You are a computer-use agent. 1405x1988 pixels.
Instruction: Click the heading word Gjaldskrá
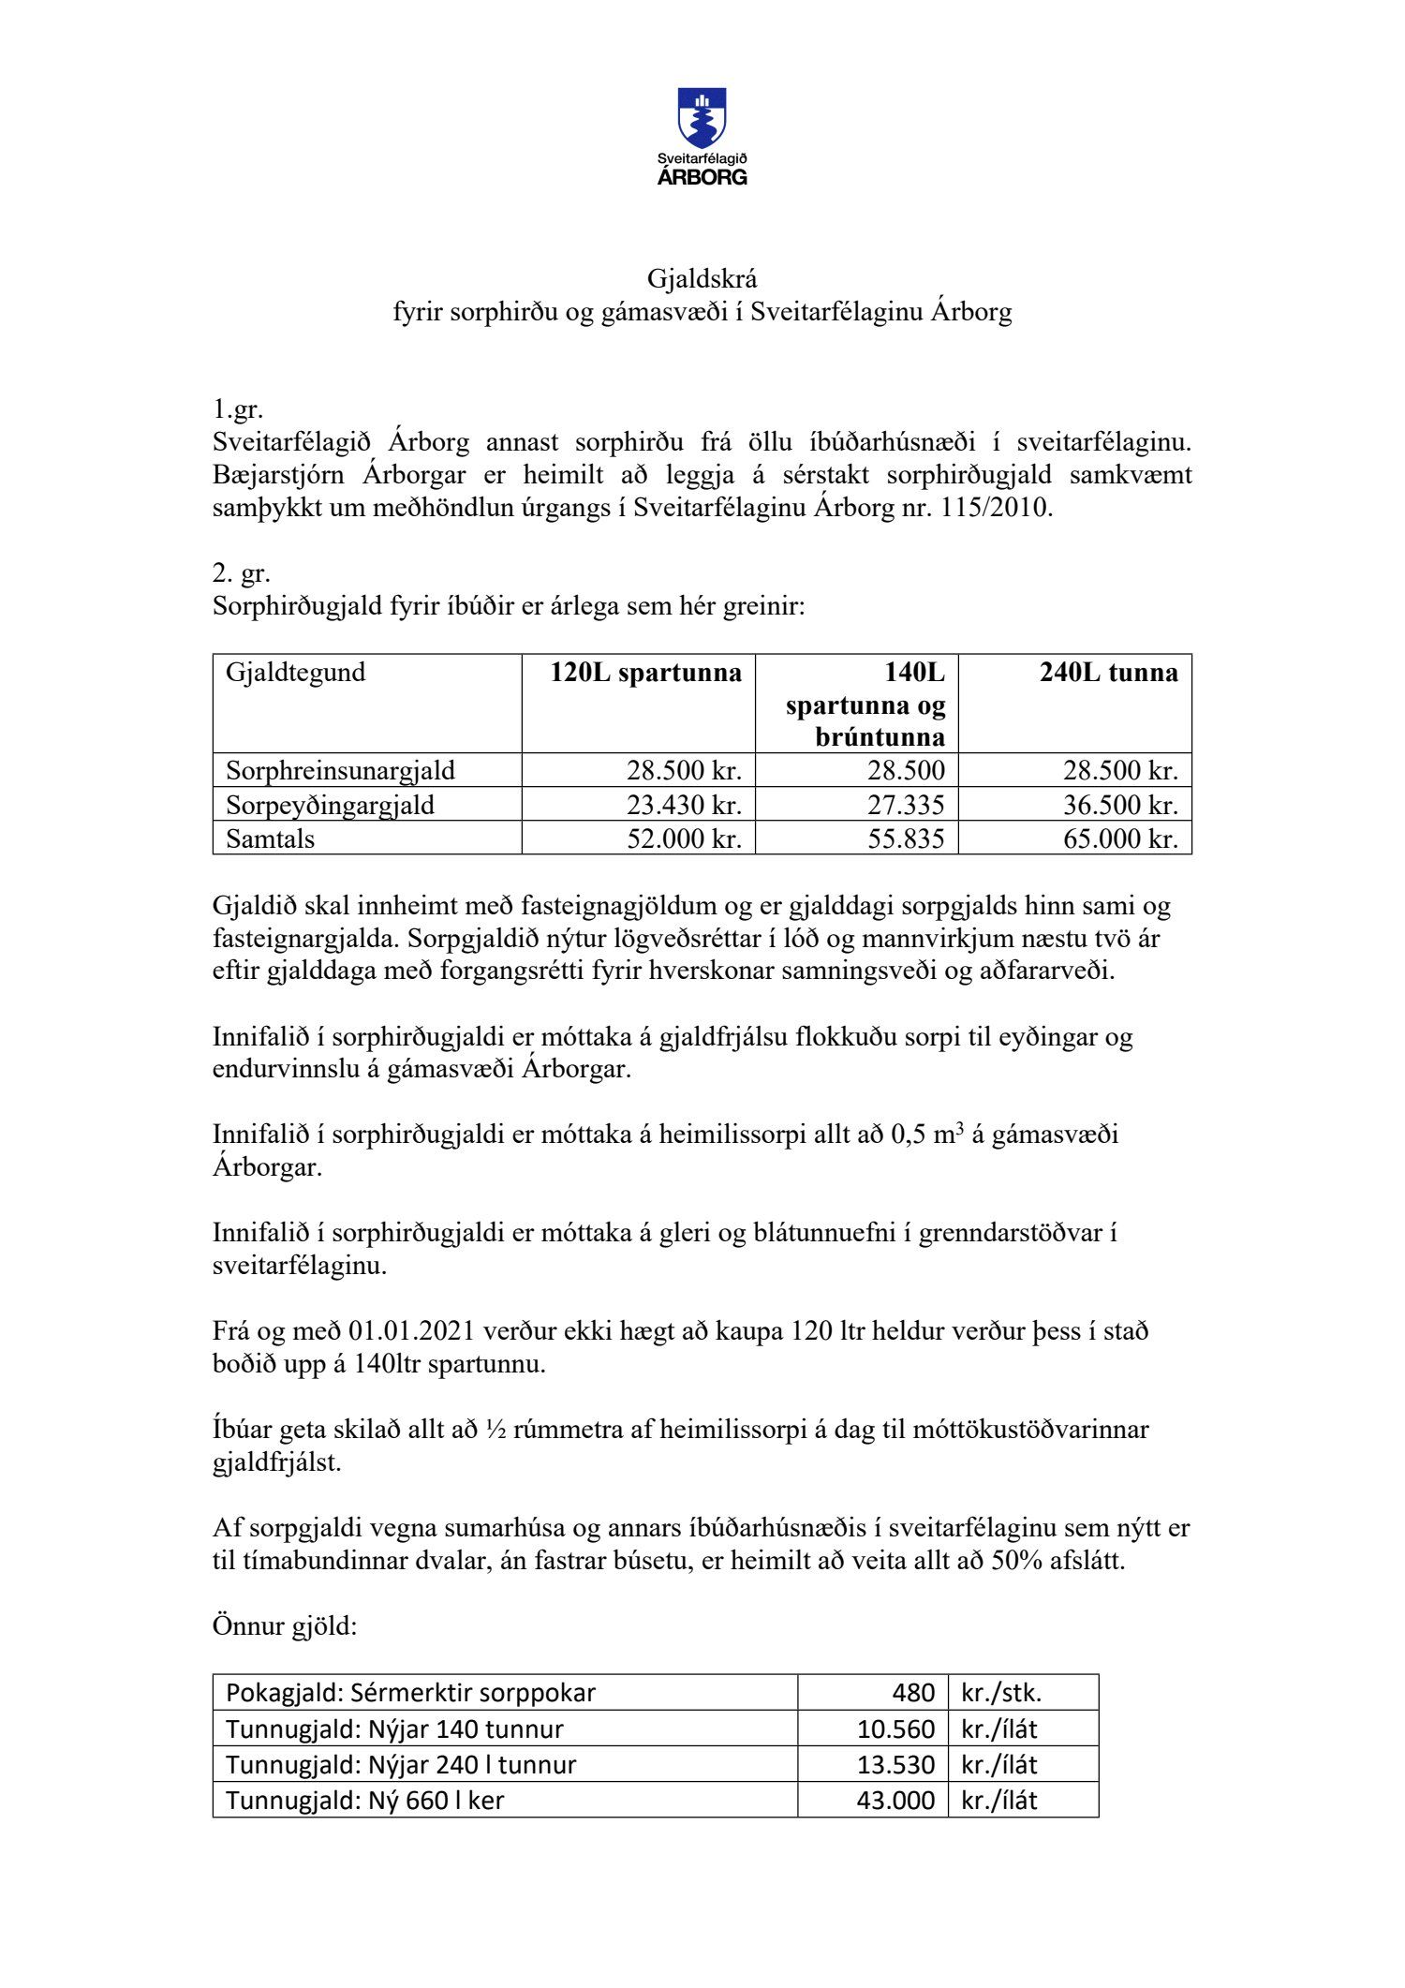(702, 278)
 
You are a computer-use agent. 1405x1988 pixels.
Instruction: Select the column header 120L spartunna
(646, 673)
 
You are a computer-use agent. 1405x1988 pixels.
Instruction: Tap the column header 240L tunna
(1108, 673)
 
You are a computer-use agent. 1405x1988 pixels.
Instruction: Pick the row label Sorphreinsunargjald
(340, 771)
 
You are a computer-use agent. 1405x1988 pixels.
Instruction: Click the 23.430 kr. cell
(684, 805)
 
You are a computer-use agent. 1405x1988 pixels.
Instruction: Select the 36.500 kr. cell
(1119, 805)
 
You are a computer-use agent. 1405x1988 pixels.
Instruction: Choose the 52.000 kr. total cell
(684, 838)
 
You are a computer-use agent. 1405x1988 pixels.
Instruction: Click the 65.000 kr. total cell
(1119, 838)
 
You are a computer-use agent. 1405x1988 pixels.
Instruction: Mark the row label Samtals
(270, 838)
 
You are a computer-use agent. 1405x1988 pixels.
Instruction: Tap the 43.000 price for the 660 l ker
(895, 1800)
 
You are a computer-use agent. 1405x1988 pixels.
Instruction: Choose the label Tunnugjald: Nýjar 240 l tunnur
(401, 1764)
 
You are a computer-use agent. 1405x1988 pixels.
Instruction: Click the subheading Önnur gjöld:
(285, 1626)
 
